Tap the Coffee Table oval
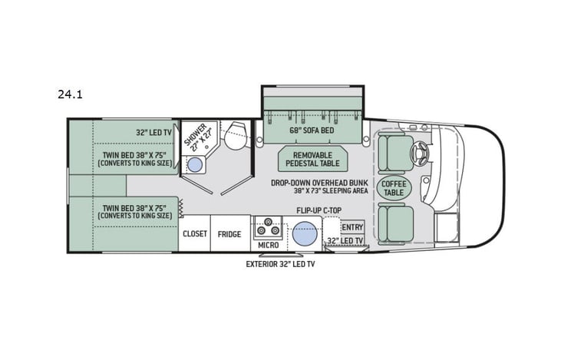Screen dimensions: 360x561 (393, 187)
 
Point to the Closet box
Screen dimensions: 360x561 (194, 234)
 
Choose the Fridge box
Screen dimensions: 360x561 (229, 234)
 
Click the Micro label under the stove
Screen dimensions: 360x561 (268, 245)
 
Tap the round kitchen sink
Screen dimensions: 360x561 (305, 231)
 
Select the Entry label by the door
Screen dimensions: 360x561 (351, 227)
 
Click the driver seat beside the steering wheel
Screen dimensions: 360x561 (396, 152)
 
